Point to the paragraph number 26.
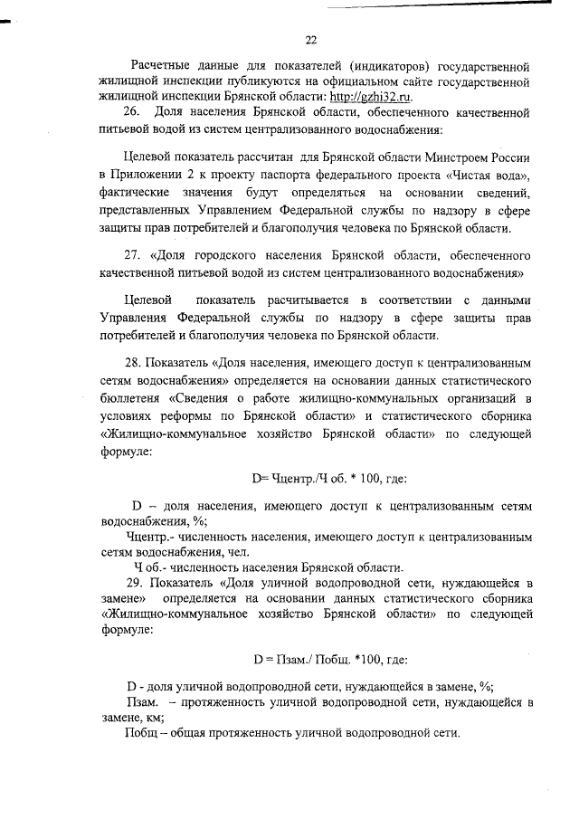pos(129,112)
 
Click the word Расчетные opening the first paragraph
pos(164,67)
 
